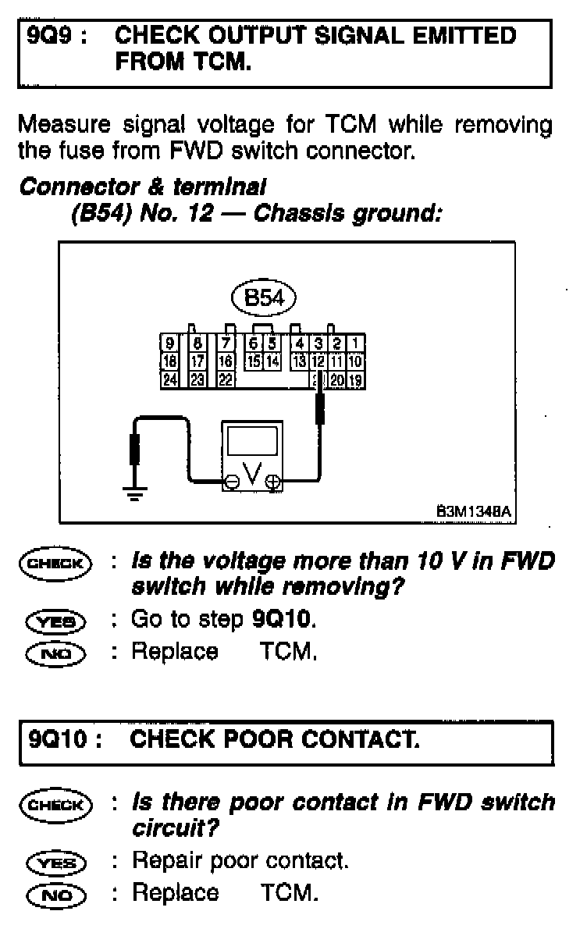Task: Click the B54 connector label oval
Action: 265,297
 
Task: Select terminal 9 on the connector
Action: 169,342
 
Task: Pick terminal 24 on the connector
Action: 169,379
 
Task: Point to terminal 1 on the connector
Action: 356,342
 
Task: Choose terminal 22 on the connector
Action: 226,379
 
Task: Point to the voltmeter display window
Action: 252,441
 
